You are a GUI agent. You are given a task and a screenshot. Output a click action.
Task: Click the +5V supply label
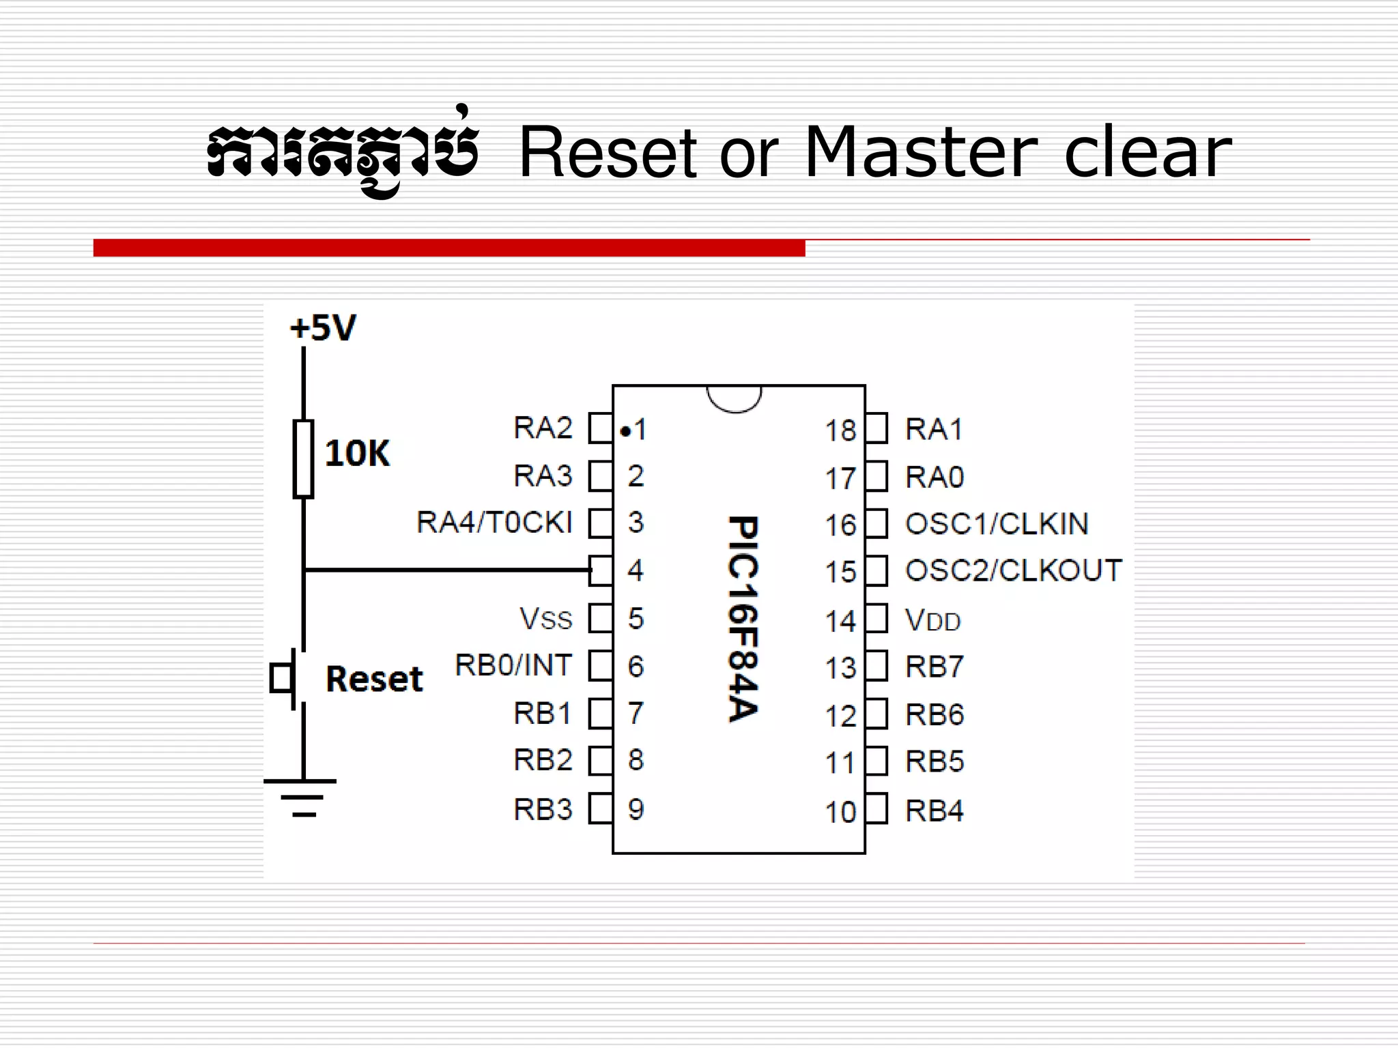(x=323, y=328)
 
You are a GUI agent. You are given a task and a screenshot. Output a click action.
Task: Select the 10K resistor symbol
(x=303, y=458)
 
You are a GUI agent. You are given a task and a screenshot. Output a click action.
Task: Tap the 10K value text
(x=357, y=454)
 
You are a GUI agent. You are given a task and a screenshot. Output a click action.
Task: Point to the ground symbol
(x=301, y=797)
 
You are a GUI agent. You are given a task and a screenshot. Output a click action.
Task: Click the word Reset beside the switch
(x=374, y=679)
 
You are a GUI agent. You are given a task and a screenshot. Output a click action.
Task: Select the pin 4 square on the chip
(x=601, y=570)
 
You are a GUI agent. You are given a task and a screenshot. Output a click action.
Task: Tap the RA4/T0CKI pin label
(x=494, y=523)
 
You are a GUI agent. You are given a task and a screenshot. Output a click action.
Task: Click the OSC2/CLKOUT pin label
(x=1013, y=570)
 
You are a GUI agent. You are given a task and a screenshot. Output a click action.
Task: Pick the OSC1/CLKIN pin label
(x=997, y=524)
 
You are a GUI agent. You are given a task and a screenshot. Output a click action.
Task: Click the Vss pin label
(x=545, y=619)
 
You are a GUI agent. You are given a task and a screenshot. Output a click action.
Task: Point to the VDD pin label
(x=932, y=620)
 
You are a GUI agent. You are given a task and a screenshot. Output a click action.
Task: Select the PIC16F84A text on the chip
(x=743, y=618)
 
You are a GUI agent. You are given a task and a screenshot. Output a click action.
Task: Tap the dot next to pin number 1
(x=625, y=431)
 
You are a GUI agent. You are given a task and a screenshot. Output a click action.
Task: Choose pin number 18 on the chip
(x=840, y=431)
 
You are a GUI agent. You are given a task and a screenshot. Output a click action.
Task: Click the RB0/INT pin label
(x=513, y=665)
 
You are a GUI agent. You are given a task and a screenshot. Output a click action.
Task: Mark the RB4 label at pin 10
(x=934, y=811)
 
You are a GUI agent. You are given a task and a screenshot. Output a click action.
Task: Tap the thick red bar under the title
(x=449, y=248)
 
